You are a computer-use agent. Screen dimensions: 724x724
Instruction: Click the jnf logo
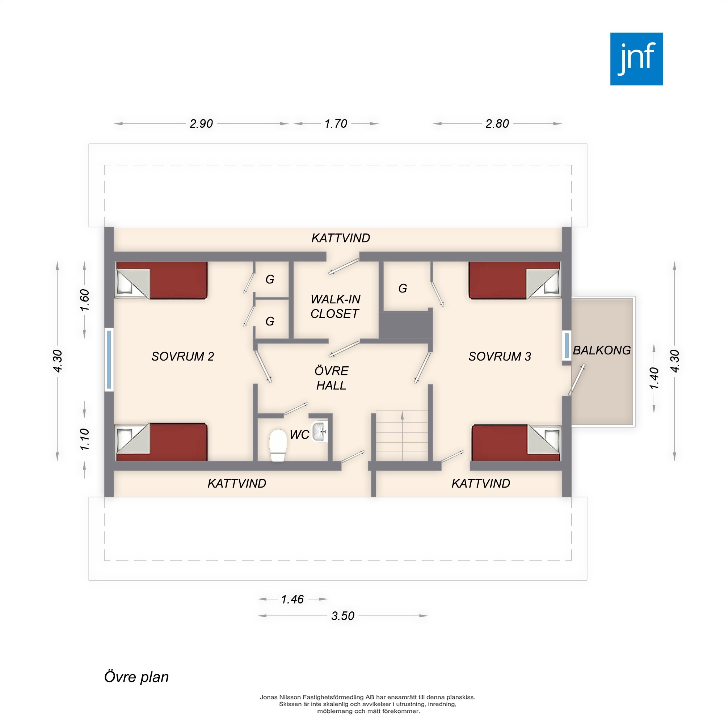(x=636, y=59)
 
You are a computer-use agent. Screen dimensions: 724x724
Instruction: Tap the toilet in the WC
(x=278, y=445)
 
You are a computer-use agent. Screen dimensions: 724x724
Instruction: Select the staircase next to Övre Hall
(x=402, y=435)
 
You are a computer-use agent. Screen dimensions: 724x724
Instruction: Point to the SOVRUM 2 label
(x=182, y=356)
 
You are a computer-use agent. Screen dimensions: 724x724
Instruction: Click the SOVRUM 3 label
(x=500, y=356)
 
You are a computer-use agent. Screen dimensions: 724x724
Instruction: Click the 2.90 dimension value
(x=201, y=124)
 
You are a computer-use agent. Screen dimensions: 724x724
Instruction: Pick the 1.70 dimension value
(x=336, y=124)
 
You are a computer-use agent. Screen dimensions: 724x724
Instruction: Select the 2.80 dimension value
(x=497, y=124)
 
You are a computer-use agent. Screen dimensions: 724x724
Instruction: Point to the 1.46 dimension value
(x=292, y=599)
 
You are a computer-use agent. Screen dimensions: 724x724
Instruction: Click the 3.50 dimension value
(x=343, y=616)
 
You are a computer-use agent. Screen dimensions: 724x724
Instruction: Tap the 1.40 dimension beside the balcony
(x=654, y=379)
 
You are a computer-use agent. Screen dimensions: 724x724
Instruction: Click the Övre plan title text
(x=136, y=677)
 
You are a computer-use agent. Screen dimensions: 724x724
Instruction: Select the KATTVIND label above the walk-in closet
(x=341, y=238)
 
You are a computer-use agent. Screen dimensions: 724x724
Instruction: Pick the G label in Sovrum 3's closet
(x=403, y=288)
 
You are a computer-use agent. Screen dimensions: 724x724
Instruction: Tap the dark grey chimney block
(x=406, y=325)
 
